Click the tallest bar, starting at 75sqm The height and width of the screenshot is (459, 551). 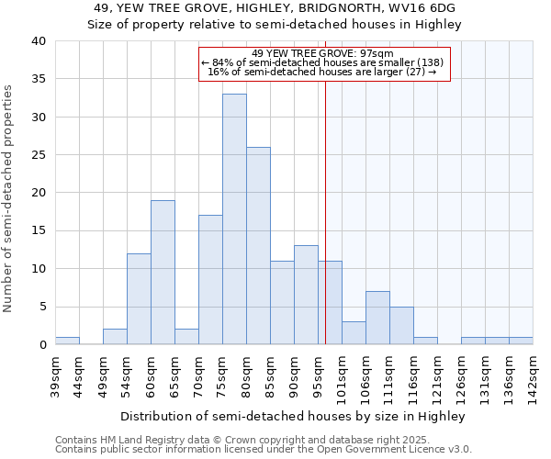[x=234, y=219]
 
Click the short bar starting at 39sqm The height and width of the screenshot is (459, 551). [x=67, y=341]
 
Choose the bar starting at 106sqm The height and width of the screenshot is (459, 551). [x=377, y=318]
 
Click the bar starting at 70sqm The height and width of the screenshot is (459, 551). [x=210, y=280]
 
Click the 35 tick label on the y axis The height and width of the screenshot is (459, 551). [x=39, y=79]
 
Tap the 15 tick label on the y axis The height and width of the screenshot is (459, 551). [x=39, y=230]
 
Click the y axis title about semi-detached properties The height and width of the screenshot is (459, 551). [x=9, y=198]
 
